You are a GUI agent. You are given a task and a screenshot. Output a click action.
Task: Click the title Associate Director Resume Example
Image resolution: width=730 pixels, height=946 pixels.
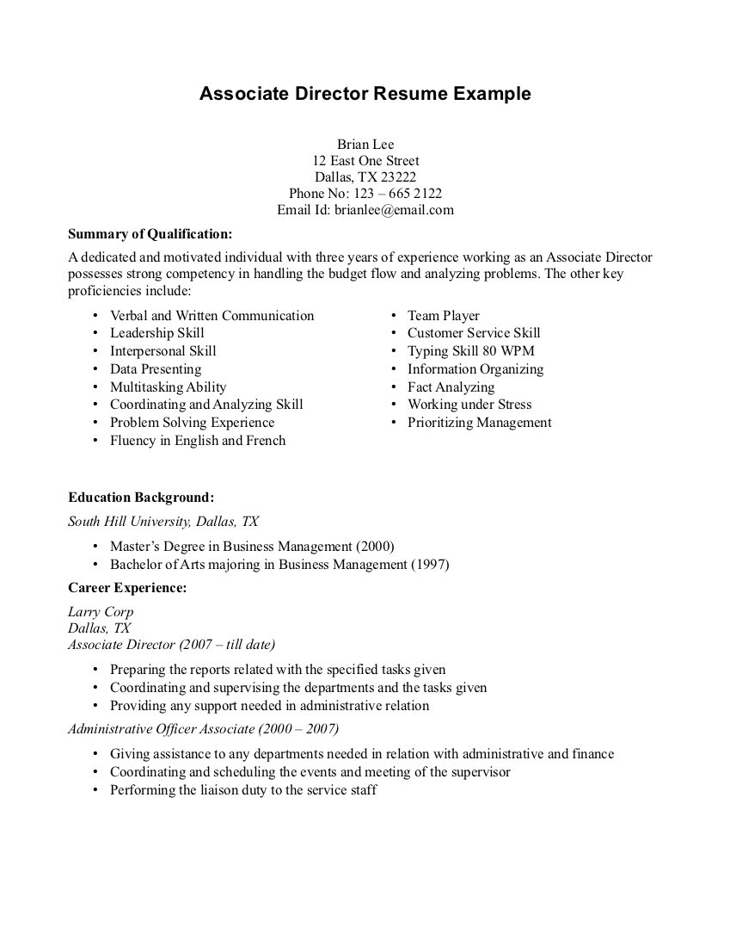coord(365,94)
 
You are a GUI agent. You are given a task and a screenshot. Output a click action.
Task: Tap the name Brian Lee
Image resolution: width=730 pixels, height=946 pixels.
coord(365,144)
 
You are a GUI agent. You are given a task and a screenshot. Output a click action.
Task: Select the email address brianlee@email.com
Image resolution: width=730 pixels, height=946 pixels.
coord(394,209)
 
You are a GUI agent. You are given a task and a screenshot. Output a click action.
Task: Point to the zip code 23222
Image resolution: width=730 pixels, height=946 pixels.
coord(399,177)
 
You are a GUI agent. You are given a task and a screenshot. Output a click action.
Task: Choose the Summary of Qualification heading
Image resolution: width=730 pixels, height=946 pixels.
coord(150,233)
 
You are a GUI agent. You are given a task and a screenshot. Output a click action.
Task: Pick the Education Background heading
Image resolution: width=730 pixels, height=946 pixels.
coord(141,498)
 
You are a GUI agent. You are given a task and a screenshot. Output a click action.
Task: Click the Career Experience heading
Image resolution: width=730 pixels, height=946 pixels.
coord(127,588)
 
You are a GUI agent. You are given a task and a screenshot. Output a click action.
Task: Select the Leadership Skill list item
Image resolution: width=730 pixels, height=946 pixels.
coord(156,333)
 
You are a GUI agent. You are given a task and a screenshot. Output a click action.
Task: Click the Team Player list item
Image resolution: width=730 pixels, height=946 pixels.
coord(443,315)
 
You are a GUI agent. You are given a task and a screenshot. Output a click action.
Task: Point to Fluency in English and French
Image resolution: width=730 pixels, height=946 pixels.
coord(197,441)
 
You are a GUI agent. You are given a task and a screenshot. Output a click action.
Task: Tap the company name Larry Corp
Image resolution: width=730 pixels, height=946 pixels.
coord(101,612)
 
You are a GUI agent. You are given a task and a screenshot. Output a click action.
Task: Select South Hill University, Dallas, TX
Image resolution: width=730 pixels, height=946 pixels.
coord(163,522)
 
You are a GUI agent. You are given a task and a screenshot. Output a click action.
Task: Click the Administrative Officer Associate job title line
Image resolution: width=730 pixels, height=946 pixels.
coord(203,729)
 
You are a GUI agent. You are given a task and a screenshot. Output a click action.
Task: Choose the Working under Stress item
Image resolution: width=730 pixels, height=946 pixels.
coord(469,405)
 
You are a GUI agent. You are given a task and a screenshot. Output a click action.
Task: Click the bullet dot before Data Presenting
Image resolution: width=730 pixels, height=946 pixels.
coord(95,369)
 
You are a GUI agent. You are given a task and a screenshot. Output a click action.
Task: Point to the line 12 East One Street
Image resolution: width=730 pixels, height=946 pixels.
coord(365,161)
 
